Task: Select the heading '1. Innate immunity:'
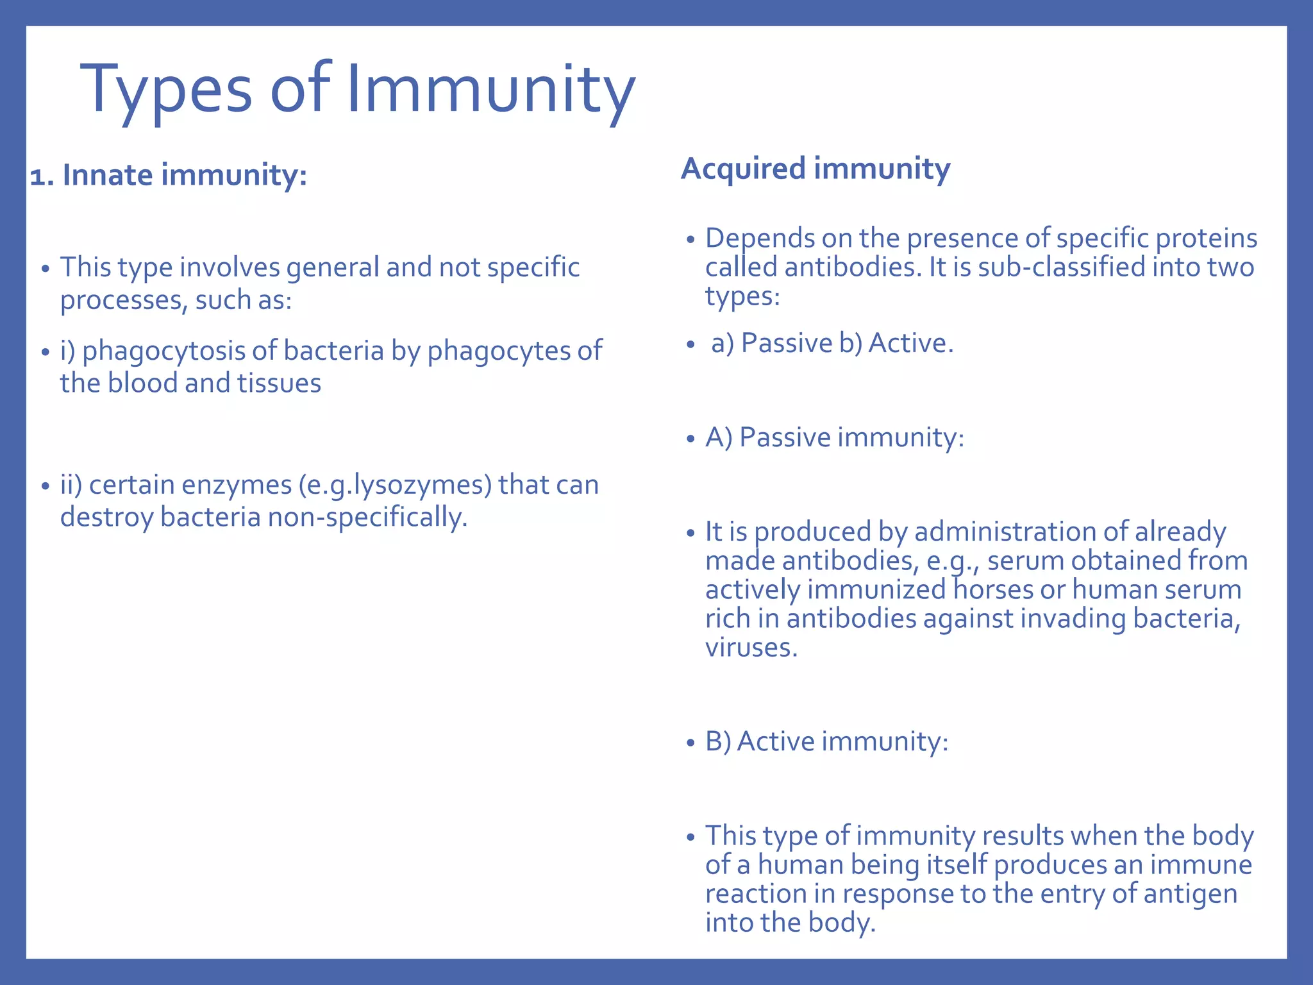[x=169, y=175]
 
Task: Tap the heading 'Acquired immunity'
[x=815, y=169]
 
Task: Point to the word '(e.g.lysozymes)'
[x=395, y=485]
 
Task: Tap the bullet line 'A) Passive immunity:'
[x=835, y=437]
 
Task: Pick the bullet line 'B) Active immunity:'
[x=827, y=741]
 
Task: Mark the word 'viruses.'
[x=751, y=647]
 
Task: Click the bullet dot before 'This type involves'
[x=45, y=269]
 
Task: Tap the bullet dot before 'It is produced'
[x=690, y=533]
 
